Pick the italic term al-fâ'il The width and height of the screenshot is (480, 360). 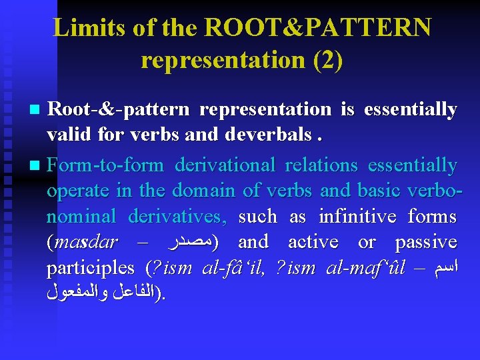pyautogui.click(x=233, y=268)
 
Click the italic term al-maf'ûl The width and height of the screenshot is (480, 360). pyautogui.click(x=367, y=268)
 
